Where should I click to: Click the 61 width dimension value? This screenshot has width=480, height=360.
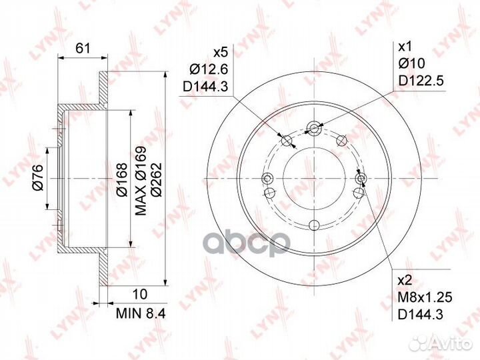[x=83, y=49]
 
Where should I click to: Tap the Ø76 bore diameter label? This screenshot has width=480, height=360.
[x=39, y=177]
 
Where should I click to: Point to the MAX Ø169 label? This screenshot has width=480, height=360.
[x=141, y=181]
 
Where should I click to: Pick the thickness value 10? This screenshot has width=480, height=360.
[x=140, y=294]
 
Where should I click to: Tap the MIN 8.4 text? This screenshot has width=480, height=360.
[x=141, y=313]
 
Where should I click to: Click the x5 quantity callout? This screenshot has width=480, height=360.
[x=221, y=53]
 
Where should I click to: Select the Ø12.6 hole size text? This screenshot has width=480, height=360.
[x=209, y=69]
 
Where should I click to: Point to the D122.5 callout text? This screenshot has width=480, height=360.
[x=421, y=81]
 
